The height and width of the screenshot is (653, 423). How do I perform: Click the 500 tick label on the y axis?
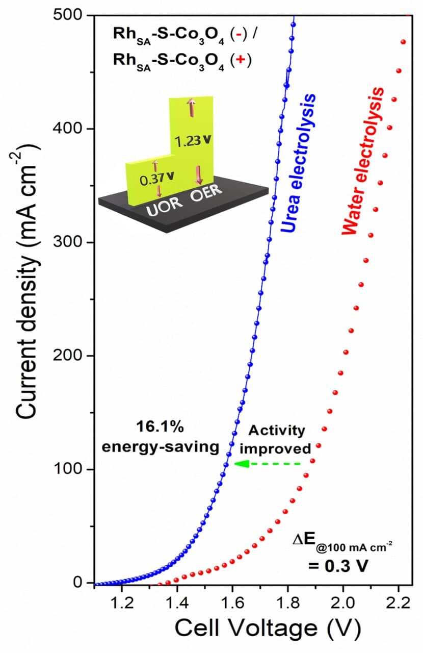tap(70, 15)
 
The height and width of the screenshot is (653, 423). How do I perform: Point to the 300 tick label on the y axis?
tap(70, 242)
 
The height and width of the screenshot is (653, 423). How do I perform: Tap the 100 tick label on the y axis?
tap(70, 469)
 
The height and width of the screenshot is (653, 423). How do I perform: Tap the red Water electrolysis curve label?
tap(363, 162)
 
